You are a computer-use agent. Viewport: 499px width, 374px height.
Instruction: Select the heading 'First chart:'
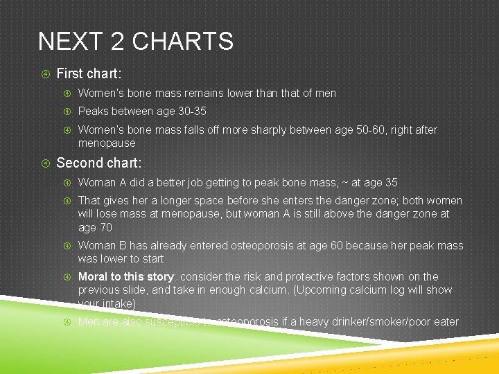tap(88, 73)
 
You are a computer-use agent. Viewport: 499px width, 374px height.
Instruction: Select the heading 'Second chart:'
tap(98, 163)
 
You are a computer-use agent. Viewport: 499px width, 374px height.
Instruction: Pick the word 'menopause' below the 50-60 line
tap(107, 143)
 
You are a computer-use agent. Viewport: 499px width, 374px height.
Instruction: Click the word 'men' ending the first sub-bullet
tap(325, 93)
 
